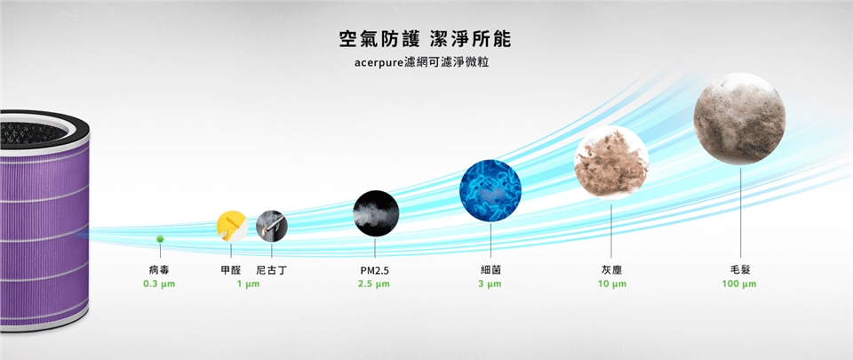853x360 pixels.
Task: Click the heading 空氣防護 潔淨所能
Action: click(x=425, y=39)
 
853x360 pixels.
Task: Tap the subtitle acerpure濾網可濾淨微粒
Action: click(x=421, y=62)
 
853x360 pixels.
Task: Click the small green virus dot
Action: click(x=160, y=239)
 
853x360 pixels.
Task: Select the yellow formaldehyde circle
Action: click(x=232, y=227)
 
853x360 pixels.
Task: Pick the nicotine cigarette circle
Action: click(x=272, y=226)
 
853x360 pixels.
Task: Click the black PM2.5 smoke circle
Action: click(x=376, y=213)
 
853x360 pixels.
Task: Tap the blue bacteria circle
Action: click(x=490, y=191)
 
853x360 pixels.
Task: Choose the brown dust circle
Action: click(x=611, y=162)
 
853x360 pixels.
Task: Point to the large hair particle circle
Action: click(x=739, y=118)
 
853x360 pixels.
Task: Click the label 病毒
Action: click(x=159, y=270)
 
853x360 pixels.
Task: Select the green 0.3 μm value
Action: click(x=159, y=284)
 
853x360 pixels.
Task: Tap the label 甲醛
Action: click(x=231, y=270)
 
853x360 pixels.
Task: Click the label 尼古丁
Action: click(x=271, y=270)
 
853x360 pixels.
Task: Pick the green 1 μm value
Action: click(x=248, y=284)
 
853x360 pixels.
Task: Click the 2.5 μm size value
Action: click(x=374, y=284)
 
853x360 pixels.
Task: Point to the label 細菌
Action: click(x=490, y=270)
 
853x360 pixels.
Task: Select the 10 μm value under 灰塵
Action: click(x=611, y=284)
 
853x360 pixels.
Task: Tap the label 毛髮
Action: click(x=740, y=270)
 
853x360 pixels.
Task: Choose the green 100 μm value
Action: click(x=738, y=284)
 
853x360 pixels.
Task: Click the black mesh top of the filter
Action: click(x=33, y=132)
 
